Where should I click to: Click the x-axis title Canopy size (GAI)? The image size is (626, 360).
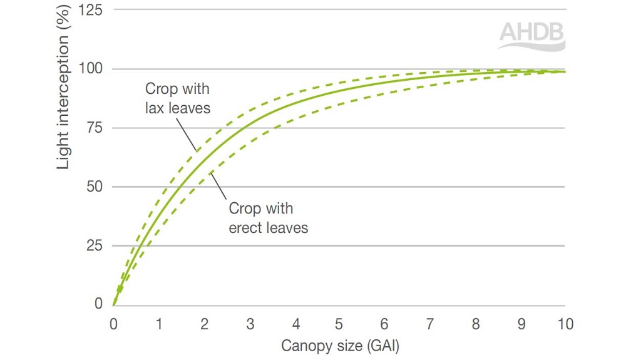[339, 345]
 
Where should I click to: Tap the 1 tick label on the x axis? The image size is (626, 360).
[159, 324]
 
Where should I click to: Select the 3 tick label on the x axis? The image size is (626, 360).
[250, 324]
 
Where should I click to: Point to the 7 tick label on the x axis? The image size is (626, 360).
[430, 324]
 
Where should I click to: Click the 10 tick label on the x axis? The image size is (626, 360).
[565, 324]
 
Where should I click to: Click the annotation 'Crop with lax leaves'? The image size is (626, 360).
[177, 98]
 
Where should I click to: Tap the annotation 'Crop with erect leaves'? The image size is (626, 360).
[268, 217]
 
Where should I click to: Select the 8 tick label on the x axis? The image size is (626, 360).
[475, 324]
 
